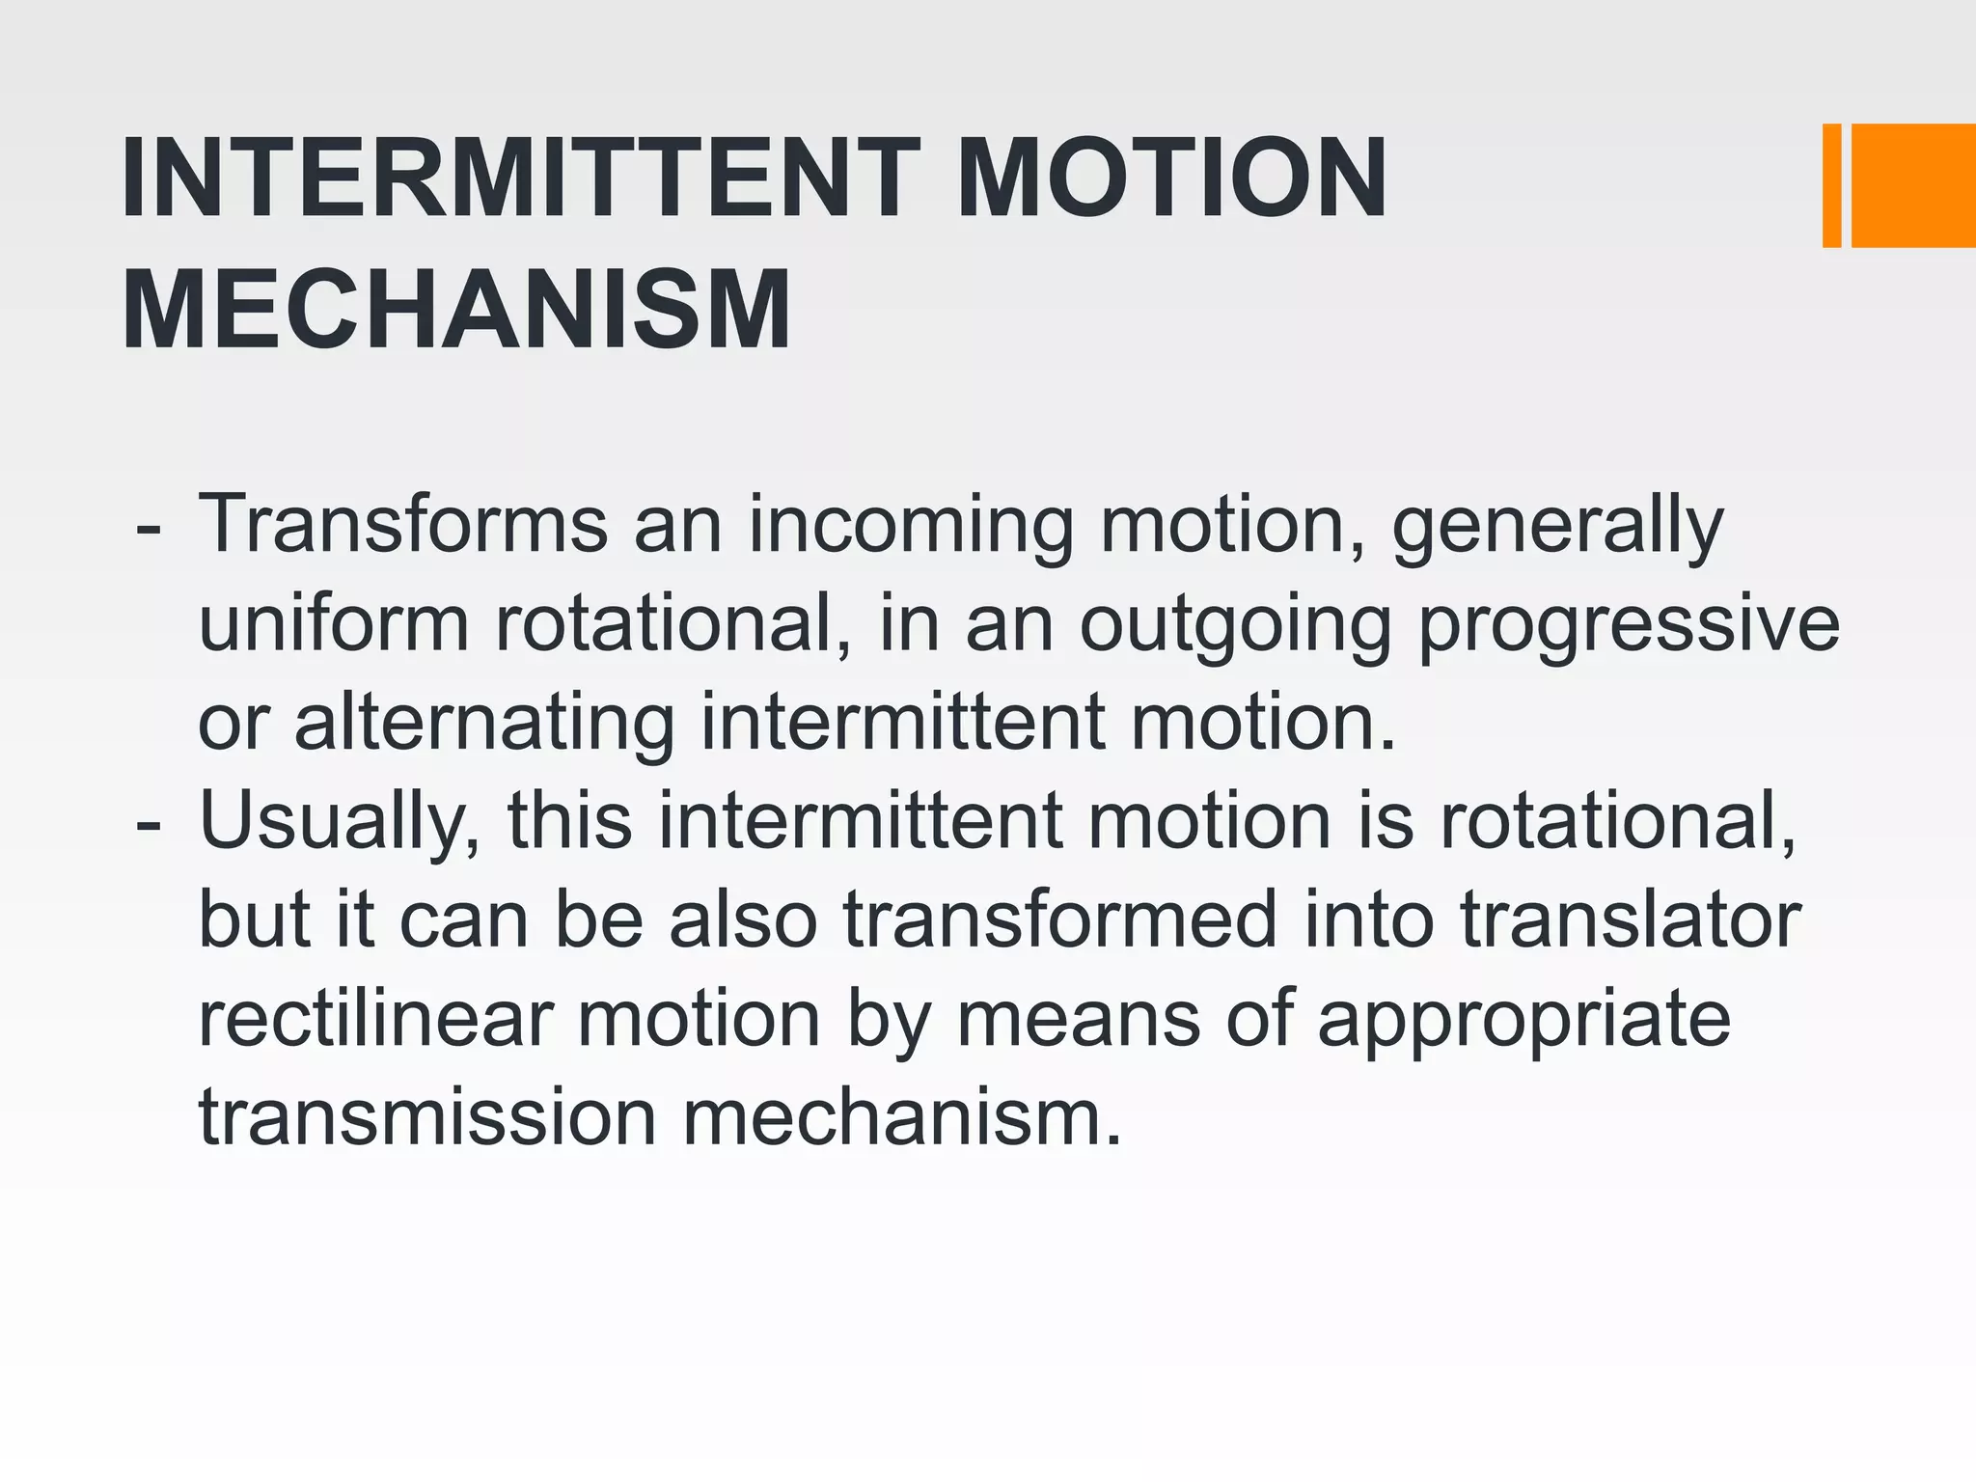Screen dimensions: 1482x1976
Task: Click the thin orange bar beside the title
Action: click(1831, 185)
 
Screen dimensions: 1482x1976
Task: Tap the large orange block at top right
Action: click(1913, 185)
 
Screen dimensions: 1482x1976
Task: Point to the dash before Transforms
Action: click(149, 530)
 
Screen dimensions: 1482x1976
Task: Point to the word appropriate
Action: click(1524, 1022)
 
